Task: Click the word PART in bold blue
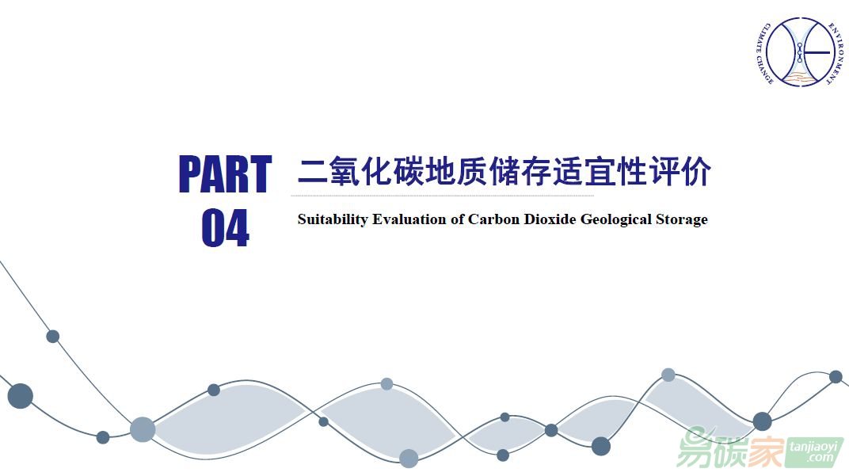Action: tap(225, 174)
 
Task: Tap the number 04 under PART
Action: tap(225, 228)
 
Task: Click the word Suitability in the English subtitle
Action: tap(333, 220)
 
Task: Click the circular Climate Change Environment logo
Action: tap(800, 52)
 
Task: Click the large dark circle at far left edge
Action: tap(20, 396)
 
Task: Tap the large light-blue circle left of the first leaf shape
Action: tap(143, 430)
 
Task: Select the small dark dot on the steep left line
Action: tap(52, 337)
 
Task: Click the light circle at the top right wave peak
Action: tap(668, 375)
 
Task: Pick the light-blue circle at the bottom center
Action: tap(409, 458)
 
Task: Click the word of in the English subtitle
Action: tap(457, 219)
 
